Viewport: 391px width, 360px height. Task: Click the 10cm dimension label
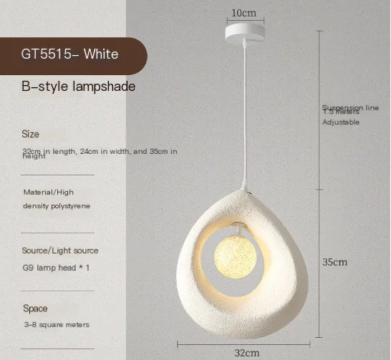coord(243,13)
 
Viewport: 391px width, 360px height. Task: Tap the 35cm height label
coord(334,262)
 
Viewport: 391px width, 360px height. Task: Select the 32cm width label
coord(246,352)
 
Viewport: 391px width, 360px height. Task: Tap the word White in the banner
coord(102,54)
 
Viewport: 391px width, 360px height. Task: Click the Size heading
coord(31,134)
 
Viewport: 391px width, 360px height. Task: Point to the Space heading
coord(35,308)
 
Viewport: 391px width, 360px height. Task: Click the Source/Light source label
coord(61,250)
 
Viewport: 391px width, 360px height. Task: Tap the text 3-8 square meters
coord(57,324)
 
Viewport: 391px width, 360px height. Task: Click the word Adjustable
coord(341,122)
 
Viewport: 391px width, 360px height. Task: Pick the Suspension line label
coord(350,107)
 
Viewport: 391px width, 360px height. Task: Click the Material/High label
coord(48,192)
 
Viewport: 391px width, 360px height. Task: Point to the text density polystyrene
coord(57,205)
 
